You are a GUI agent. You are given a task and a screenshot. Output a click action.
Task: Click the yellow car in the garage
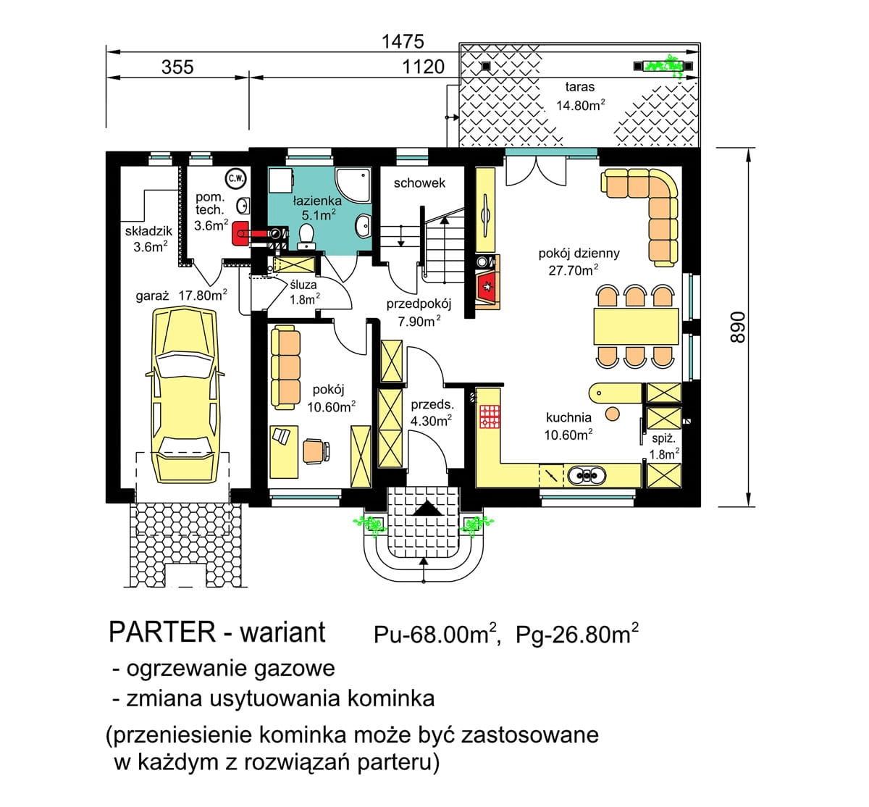185,395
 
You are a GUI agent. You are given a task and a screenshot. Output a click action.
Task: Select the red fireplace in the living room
487,288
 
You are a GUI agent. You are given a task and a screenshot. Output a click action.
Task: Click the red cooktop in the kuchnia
490,417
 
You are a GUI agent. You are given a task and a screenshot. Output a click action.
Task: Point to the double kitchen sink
587,475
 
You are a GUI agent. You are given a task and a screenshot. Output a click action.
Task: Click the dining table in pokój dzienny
636,326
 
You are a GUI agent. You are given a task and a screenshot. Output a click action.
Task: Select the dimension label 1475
403,41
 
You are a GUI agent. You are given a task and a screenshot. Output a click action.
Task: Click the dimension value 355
177,67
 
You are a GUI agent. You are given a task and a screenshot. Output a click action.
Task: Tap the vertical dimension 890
736,327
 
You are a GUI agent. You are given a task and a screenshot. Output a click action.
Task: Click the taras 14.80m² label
580,96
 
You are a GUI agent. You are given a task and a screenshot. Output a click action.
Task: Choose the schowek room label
419,183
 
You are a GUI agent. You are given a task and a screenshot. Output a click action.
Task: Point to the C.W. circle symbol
235,177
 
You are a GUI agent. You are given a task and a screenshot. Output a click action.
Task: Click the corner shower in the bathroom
353,185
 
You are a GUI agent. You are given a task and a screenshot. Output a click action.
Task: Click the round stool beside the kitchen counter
613,414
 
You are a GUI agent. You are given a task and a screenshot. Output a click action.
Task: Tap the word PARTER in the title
161,632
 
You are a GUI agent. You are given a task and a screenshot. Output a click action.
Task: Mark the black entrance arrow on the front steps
427,509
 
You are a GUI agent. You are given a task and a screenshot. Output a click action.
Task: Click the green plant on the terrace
667,66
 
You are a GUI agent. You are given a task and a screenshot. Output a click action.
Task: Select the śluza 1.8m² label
303,292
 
